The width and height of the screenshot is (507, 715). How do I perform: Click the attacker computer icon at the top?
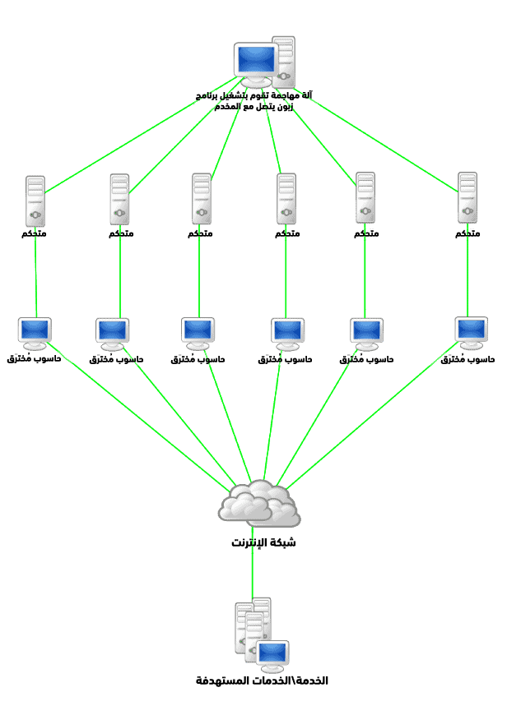(264, 62)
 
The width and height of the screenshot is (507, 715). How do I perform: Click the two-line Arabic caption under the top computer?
(253, 101)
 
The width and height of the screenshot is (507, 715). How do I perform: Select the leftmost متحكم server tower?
(35, 201)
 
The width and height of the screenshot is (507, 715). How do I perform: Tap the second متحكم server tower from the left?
(120, 199)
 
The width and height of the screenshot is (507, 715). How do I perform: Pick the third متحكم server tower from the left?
(202, 198)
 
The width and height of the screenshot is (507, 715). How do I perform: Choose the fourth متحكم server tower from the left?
(286, 199)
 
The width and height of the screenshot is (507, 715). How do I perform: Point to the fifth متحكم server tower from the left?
(365, 198)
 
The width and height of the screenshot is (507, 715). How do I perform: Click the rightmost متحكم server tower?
(467, 198)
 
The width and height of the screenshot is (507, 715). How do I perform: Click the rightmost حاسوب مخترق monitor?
(471, 332)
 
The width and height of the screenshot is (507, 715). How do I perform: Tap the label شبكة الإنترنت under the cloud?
(263, 543)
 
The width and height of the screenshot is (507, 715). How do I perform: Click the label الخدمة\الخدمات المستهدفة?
(262, 681)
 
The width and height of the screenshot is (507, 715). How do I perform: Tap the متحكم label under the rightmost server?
(467, 234)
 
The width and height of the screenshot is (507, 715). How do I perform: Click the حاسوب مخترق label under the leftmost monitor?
(35, 359)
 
